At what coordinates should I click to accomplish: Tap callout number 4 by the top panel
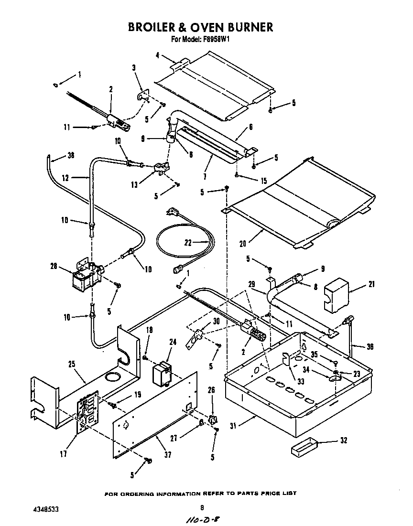[157, 55]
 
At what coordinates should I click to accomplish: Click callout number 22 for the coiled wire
[188, 242]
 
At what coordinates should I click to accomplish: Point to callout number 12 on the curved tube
[66, 178]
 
